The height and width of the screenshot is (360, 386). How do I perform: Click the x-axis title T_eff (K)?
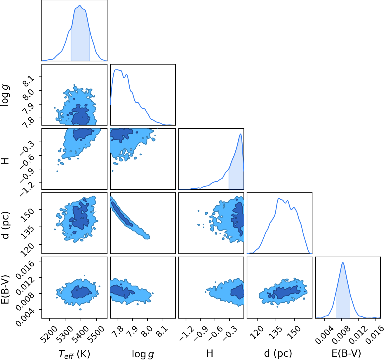click(74, 354)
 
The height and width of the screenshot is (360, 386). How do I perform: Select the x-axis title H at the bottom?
click(210, 353)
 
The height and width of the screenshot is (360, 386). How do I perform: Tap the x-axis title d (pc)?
click(278, 354)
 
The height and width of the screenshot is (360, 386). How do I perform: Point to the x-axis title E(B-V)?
click(346, 354)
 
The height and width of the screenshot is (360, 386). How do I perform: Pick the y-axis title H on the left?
click(6, 161)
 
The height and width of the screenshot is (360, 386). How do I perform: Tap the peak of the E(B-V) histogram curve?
click(343, 262)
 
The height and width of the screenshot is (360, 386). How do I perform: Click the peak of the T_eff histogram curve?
click(79, 6)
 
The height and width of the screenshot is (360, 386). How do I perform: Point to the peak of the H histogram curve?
click(241, 134)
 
